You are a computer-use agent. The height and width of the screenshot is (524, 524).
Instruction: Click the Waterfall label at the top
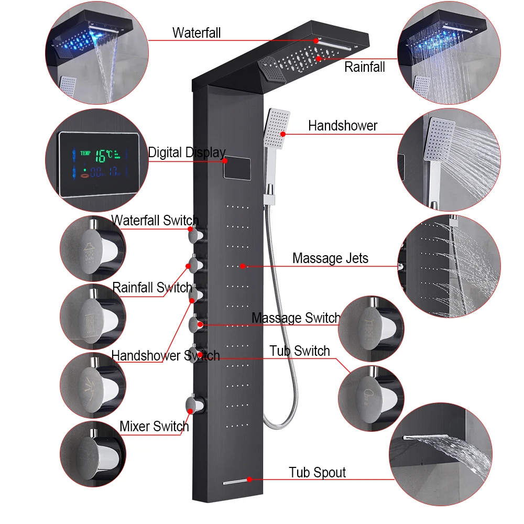pos(196,33)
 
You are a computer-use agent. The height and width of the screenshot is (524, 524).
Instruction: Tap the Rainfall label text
pos(364,67)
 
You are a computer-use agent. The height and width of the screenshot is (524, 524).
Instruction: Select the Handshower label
pos(343,126)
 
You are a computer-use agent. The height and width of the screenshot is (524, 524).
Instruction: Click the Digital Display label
pos(187,153)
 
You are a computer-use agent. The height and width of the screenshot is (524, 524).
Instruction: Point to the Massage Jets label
pos(330,258)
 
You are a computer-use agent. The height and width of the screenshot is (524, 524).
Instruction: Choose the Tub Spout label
pos(318,473)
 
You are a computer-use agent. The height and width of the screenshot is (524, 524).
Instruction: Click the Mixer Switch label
pos(154,426)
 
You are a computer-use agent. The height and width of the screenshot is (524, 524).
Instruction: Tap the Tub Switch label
pos(300,351)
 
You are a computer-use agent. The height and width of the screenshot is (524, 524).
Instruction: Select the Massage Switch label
pos(296,318)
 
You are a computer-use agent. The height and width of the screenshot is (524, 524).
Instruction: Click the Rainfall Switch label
pos(152,288)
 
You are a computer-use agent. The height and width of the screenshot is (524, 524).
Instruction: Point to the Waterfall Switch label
pos(155,221)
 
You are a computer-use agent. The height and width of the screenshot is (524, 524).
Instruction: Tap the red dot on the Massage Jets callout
pos(243,266)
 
